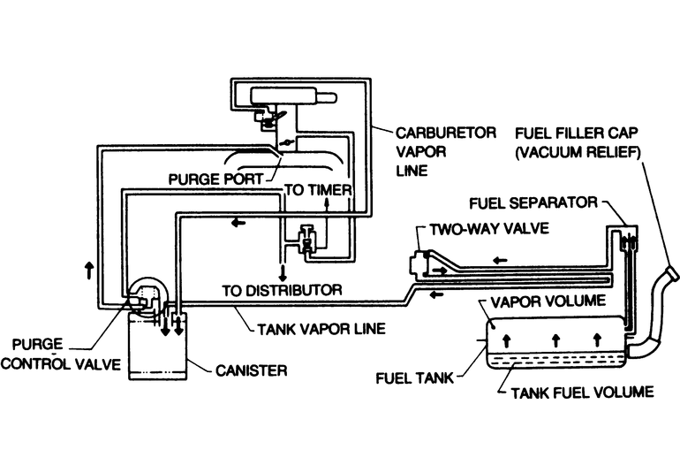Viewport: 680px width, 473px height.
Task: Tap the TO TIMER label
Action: [x=318, y=189]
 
